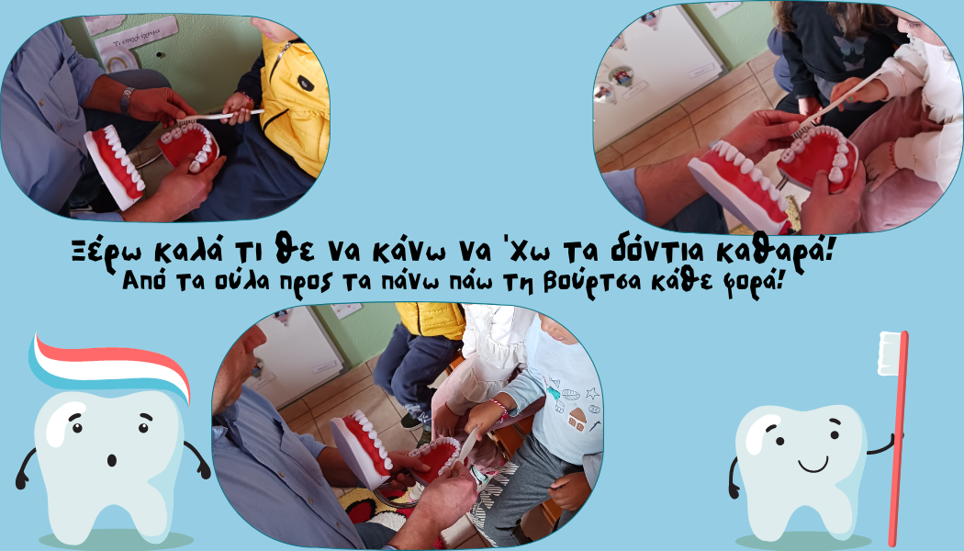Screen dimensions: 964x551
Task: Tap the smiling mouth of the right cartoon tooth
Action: click(813, 465)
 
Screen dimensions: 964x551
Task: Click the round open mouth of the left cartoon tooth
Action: click(112, 460)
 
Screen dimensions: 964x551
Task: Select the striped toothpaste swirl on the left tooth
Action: click(111, 365)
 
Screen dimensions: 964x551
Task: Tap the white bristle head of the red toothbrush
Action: click(889, 353)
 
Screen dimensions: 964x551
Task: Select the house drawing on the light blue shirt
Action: click(577, 420)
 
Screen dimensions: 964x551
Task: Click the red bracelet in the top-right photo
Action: click(891, 154)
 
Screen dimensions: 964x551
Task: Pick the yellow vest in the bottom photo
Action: click(431, 320)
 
